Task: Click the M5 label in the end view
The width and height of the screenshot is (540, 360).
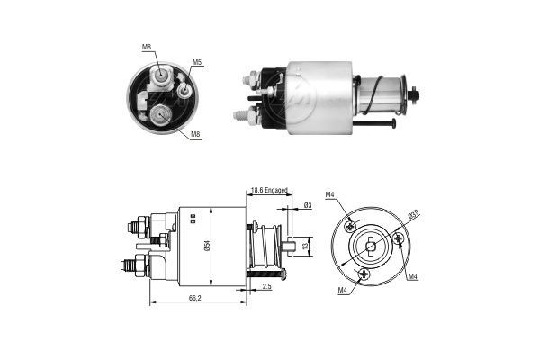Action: (x=196, y=63)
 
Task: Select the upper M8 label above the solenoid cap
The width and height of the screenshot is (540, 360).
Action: (x=147, y=47)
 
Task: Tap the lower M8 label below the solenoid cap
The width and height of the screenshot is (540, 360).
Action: (x=196, y=135)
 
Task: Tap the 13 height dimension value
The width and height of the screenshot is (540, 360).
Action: (x=304, y=246)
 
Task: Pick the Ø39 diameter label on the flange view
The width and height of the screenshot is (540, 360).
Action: (x=413, y=213)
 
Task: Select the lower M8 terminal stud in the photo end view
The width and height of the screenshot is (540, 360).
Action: (x=160, y=113)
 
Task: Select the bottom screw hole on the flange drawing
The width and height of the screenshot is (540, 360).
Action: (x=364, y=273)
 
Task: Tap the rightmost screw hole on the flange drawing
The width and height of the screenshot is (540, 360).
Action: (x=398, y=238)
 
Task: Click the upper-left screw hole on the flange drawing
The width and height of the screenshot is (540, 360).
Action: (x=352, y=225)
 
